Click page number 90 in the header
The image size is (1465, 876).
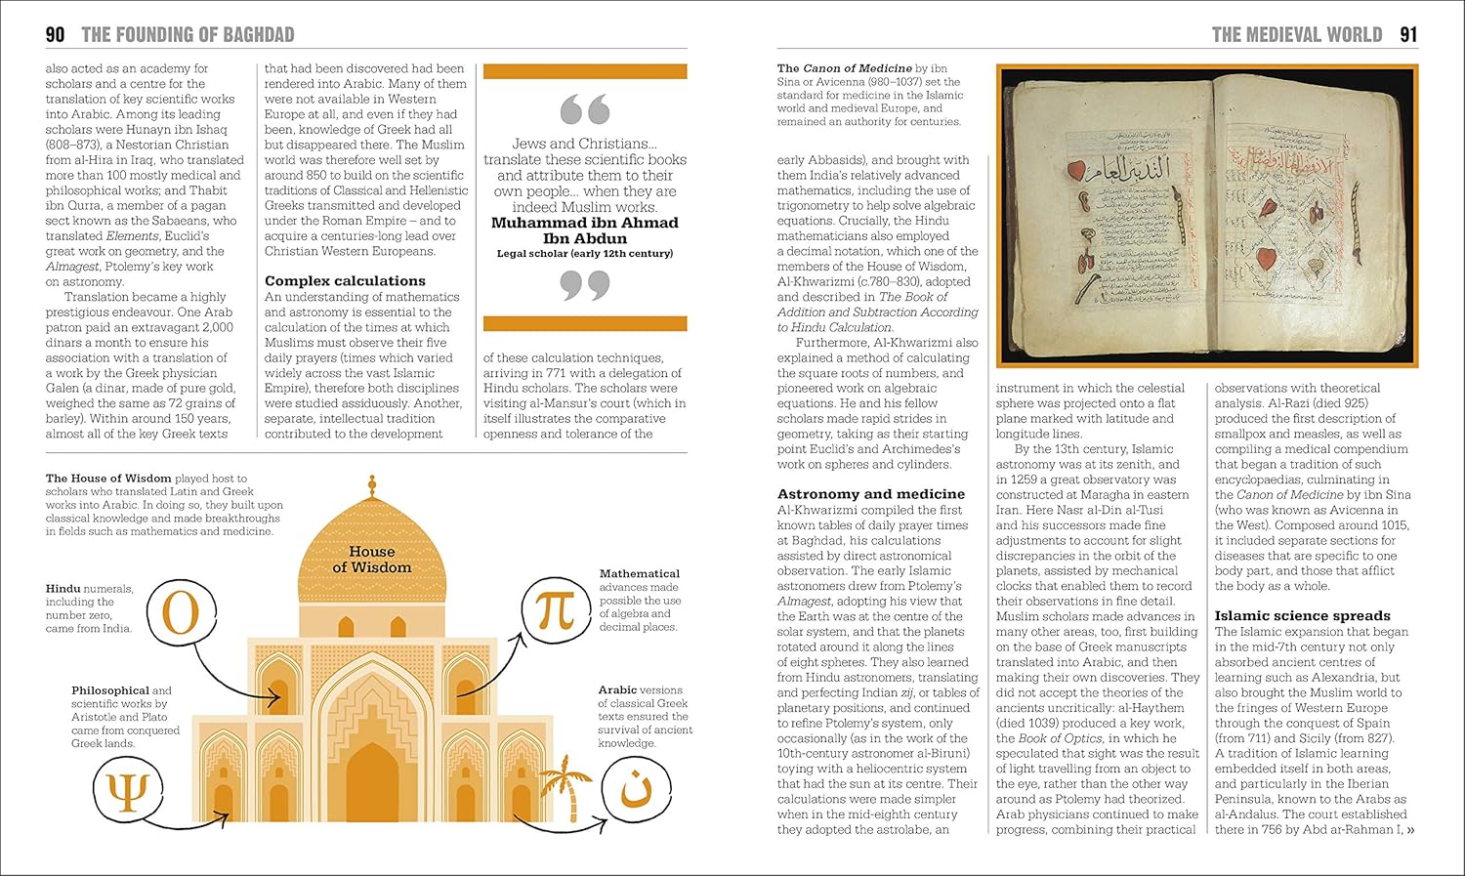[x=56, y=35]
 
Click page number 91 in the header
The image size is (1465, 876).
[x=1408, y=35]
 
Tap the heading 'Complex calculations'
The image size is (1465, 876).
[x=345, y=281]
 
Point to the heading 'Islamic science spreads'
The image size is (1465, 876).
[x=1302, y=616]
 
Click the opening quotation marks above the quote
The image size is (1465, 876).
[x=585, y=109]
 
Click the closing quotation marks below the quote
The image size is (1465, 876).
[x=585, y=285]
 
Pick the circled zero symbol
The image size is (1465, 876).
[x=180, y=613]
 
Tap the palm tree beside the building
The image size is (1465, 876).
[x=566, y=790]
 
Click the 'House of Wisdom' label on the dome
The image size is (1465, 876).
[x=371, y=560]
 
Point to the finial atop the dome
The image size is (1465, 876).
[x=371, y=486]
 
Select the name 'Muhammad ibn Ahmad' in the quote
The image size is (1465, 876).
[x=584, y=223]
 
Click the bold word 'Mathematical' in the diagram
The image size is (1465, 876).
[x=639, y=574]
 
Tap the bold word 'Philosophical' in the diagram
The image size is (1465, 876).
[x=110, y=690]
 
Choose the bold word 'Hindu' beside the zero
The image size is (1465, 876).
[x=63, y=589]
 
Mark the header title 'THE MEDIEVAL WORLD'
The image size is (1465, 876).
[x=1296, y=35]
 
